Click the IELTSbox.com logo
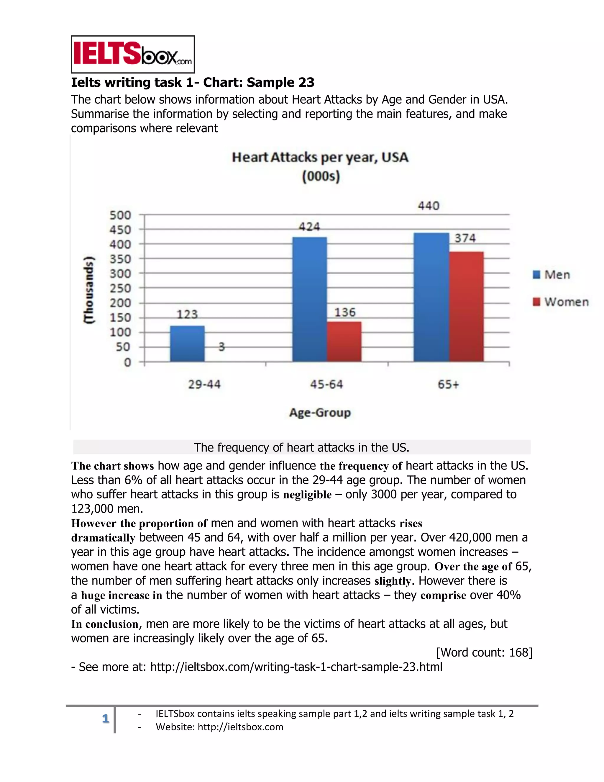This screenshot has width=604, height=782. (x=133, y=54)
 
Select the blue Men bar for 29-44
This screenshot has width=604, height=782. (x=187, y=343)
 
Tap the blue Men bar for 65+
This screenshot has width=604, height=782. (x=431, y=297)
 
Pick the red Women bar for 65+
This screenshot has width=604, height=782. (x=466, y=307)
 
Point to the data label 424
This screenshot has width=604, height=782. (x=309, y=227)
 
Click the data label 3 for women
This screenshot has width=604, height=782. (x=221, y=347)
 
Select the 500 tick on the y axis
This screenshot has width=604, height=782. (x=120, y=215)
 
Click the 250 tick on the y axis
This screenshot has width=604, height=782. (x=120, y=288)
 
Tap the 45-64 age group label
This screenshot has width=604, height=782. (x=326, y=385)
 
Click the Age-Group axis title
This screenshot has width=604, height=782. (x=320, y=413)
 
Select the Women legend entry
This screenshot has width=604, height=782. (x=561, y=302)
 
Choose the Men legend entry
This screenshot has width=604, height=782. (x=552, y=275)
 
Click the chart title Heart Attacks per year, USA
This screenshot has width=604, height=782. (x=320, y=158)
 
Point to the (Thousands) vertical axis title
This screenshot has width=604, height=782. (x=88, y=290)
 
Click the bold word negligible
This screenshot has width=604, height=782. (x=307, y=495)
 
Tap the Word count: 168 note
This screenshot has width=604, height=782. (x=484, y=652)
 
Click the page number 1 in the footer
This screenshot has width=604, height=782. (x=105, y=719)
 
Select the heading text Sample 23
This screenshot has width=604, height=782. (x=280, y=82)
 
